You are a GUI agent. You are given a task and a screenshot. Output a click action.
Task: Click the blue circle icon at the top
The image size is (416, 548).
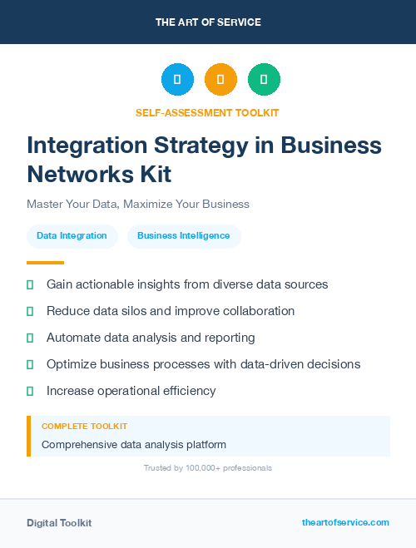(177, 80)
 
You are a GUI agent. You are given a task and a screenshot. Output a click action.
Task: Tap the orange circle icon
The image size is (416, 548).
(220, 80)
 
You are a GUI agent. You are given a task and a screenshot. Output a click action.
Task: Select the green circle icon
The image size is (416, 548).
(264, 80)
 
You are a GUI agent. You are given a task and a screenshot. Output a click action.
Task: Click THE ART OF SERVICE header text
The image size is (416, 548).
(208, 22)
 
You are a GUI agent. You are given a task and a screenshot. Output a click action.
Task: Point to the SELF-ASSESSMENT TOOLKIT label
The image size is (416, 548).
(207, 112)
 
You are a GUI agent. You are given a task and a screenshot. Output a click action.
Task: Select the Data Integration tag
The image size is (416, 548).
(72, 236)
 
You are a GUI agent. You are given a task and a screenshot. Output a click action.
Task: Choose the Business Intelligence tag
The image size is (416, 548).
(184, 236)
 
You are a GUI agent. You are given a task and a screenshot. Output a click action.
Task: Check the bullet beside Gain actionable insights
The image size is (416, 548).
(30, 284)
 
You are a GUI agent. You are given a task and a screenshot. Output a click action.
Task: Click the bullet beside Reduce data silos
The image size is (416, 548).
(30, 311)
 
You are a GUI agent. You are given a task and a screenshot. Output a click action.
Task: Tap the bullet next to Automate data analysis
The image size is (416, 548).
(30, 338)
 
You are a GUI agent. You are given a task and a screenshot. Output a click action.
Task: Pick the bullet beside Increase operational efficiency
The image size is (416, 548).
(30, 391)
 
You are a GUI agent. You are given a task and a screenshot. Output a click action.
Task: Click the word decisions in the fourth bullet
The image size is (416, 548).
(332, 364)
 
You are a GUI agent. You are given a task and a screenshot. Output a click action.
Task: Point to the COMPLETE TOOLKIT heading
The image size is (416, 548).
(84, 426)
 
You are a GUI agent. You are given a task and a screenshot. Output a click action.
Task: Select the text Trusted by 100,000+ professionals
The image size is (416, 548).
(208, 468)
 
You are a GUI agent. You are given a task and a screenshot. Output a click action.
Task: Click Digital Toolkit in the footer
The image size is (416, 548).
(59, 523)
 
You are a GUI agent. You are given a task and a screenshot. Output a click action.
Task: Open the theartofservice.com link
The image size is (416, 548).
(345, 522)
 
